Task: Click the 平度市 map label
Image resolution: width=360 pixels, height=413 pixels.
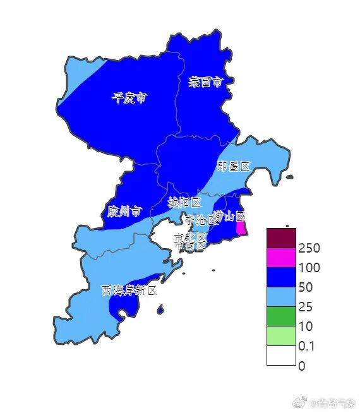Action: coord(129,98)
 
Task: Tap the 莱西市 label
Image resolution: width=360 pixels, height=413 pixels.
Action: coord(205,82)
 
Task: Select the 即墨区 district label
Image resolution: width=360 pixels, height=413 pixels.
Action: coord(234,167)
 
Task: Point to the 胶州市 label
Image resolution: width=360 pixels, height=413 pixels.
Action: coord(124,211)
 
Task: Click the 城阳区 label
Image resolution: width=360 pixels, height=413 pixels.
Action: coord(184,203)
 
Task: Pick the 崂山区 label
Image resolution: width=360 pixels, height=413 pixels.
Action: coord(229,217)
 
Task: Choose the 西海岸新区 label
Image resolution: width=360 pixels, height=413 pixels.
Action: coord(129,290)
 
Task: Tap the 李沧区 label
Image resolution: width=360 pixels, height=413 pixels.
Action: coord(201,220)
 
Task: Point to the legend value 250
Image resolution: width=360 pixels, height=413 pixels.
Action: coord(311,248)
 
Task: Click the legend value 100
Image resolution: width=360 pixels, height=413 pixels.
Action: coord(311,267)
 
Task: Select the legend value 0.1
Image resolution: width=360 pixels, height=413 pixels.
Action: coord(308,346)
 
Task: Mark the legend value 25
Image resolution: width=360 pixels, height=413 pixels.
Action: coord(308,307)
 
